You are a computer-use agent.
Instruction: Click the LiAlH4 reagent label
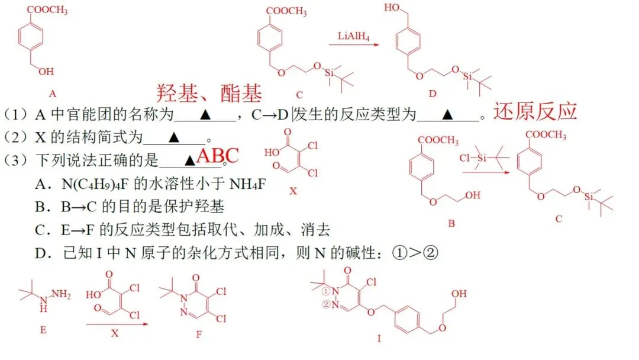click(353, 36)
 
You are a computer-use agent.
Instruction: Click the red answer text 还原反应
click(535, 111)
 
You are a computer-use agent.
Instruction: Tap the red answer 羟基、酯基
click(209, 94)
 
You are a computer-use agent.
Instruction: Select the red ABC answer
click(217, 156)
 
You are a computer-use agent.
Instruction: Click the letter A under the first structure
click(53, 94)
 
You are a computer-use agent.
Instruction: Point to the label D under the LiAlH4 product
click(433, 94)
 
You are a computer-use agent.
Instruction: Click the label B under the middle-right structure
click(451, 223)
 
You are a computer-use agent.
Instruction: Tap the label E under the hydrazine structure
click(43, 330)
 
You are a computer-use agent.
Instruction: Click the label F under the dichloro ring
click(199, 335)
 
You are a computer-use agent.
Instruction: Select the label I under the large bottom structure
click(379, 339)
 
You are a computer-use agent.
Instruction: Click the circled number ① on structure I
click(325, 291)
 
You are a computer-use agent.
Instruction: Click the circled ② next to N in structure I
click(325, 304)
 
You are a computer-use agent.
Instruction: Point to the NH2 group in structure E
click(61, 294)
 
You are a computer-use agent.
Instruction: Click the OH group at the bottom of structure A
click(47, 72)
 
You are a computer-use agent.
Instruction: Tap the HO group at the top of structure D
click(392, 7)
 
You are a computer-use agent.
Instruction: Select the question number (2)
click(15, 137)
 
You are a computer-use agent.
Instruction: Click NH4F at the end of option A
click(248, 184)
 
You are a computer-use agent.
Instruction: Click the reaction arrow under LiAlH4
click(354, 44)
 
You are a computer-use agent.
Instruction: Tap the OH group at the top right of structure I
click(459, 294)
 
